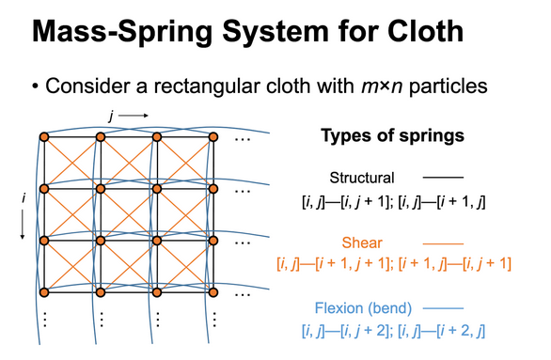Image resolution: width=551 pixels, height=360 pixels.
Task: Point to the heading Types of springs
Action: [393, 135]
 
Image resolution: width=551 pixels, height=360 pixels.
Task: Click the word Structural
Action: [362, 177]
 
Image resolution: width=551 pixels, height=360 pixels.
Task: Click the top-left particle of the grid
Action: [43, 139]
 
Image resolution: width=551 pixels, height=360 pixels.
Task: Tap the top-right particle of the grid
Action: [212, 139]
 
